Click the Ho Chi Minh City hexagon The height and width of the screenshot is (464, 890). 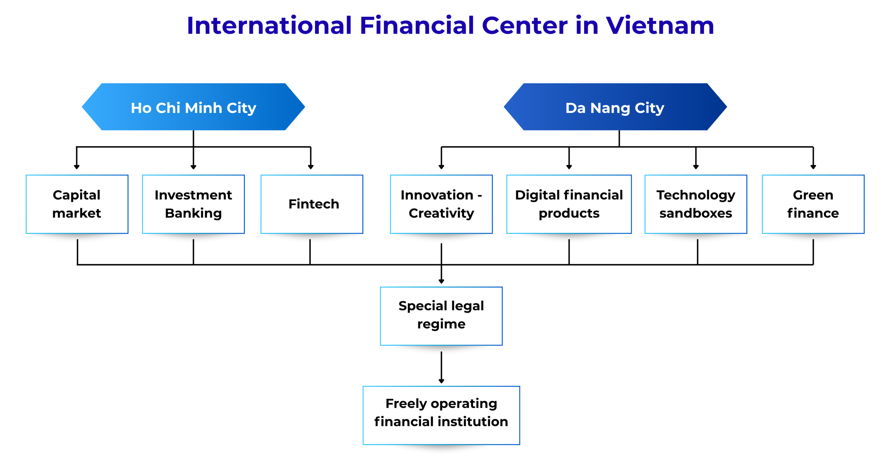193,107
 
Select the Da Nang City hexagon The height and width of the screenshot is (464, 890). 615,107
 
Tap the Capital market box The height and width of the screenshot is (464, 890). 77,204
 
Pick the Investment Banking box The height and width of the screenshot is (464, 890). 193,204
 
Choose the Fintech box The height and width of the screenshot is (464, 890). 312,204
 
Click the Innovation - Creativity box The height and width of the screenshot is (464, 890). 441,204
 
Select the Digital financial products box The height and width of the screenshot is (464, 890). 569,204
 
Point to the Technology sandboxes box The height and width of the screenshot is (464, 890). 696,204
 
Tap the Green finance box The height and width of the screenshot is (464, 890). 813,204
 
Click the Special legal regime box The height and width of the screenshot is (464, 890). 441,316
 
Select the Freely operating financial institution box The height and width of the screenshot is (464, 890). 441,415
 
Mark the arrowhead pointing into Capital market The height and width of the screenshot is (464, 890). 77,167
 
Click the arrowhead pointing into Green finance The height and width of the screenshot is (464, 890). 813,167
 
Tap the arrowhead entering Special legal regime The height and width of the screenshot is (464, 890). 441,281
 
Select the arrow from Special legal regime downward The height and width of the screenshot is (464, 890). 441,368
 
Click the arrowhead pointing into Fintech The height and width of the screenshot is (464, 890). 311,167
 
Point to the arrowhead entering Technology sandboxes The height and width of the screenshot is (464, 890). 696,167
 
